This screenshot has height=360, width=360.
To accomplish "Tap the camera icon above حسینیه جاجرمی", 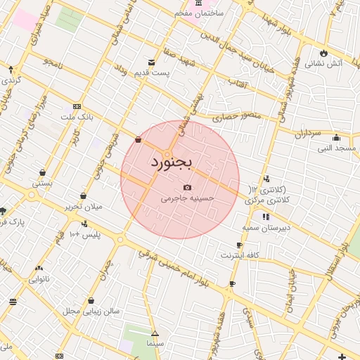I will click(187, 187).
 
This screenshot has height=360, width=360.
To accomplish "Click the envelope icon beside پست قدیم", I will click(150, 61).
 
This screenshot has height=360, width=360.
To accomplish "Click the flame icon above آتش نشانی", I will click(323, 53).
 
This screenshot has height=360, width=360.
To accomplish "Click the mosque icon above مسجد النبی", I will click(336, 137).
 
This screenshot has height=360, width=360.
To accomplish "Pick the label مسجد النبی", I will click(336, 148).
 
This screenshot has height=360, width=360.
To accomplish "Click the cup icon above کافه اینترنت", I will click(240, 245).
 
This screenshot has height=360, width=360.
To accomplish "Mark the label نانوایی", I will click(39, 279).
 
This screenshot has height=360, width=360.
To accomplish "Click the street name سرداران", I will click(307, 132).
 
